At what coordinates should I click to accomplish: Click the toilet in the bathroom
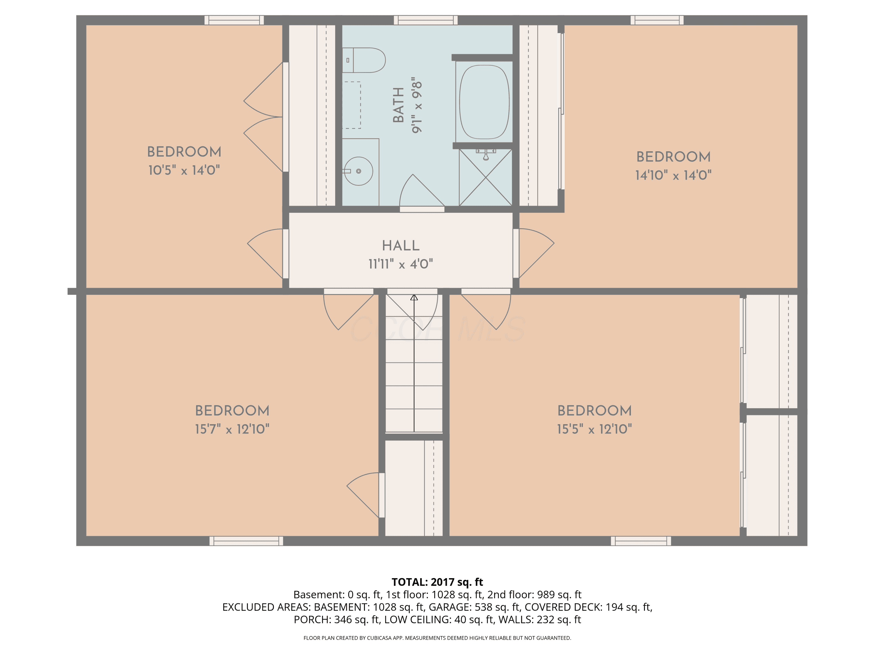coord(363,60)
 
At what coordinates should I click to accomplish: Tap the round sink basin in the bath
coord(358,171)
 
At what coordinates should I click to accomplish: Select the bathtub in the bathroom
coord(484,102)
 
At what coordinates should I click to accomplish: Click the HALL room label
coord(401,245)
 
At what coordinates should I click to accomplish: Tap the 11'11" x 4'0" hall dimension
coord(401,264)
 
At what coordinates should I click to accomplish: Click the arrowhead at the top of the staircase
coord(414,297)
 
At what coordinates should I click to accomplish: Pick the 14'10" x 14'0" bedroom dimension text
coord(673,175)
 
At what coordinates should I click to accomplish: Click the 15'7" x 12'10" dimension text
coord(232,429)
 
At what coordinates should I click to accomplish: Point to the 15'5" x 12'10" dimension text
coord(594,429)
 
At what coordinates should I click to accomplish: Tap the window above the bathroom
coord(426,20)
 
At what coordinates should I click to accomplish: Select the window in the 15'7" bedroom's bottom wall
coord(246,541)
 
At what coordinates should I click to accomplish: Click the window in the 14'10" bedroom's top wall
coord(657,20)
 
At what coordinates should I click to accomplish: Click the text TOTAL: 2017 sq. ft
coord(437,582)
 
